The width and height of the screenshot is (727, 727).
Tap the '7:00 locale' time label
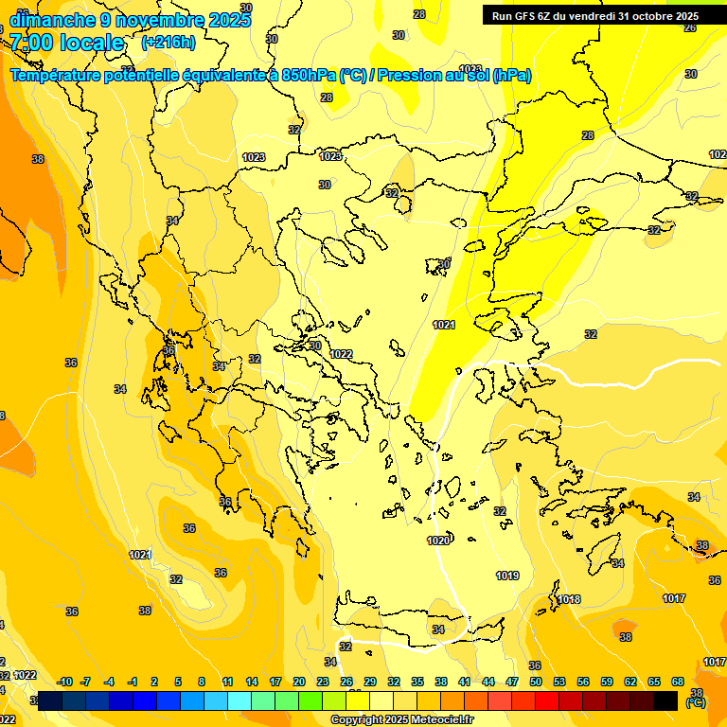click(x=67, y=43)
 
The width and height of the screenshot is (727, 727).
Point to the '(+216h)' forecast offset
click(x=168, y=43)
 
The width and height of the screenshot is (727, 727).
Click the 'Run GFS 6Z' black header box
click(x=593, y=15)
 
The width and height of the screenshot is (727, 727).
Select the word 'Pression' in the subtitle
click(x=414, y=75)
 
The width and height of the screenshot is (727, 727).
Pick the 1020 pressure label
click(x=438, y=541)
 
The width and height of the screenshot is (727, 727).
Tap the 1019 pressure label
click(x=507, y=576)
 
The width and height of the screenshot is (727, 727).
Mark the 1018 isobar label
click(x=568, y=599)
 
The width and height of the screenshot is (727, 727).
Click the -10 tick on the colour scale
click(x=64, y=682)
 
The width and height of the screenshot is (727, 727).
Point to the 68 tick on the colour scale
click(x=678, y=682)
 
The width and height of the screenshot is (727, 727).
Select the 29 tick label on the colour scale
click(x=370, y=682)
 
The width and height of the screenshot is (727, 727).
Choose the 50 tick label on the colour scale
click(x=536, y=682)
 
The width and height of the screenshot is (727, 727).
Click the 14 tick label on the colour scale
click(x=252, y=682)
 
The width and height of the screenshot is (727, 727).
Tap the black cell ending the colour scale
click(x=665, y=700)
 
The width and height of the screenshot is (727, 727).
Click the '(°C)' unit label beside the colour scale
click(x=696, y=702)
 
